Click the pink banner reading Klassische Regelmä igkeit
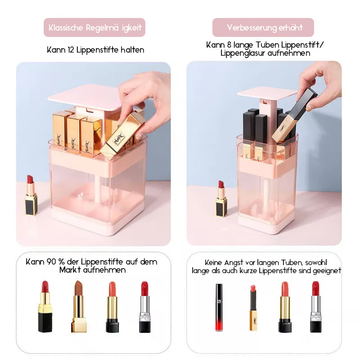point(94,27)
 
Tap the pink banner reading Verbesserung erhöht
point(263,27)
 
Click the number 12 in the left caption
point(71,50)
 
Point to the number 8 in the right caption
point(229,45)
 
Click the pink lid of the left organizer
point(85,97)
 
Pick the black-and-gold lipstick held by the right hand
point(295,116)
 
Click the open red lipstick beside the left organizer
point(31,195)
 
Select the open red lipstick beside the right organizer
point(221,199)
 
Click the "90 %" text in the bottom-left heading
point(55,262)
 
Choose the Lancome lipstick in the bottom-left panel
point(112,307)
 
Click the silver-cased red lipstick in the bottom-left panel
point(145,307)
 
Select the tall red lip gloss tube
point(219,307)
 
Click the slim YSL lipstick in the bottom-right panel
point(253,308)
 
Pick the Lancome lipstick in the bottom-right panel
point(285,307)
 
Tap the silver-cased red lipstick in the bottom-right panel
point(316,307)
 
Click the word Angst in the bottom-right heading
point(234,263)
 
